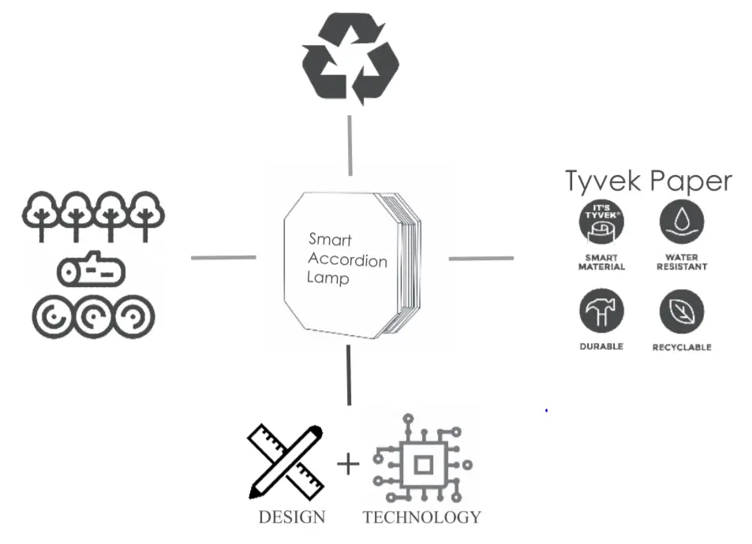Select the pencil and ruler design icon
[286, 461]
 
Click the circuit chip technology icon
[422, 464]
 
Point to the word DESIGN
[291, 517]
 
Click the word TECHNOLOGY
[421, 517]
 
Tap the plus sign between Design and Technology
[348, 464]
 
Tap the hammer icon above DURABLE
[601, 311]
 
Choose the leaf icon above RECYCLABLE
[682, 311]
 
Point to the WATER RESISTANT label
[682, 262]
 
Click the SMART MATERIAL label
[601, 262]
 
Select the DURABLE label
[601, 346]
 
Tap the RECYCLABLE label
[682, 347]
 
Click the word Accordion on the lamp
[348, 260]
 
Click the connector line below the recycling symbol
[350, 146]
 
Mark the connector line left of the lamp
[223, 257]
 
